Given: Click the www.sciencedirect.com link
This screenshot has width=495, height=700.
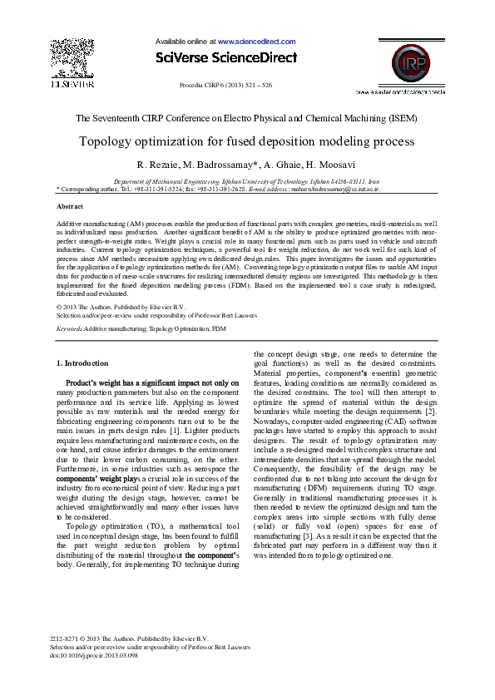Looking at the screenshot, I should tap(256, 41).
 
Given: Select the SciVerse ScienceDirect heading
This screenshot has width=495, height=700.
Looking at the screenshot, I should tap(225, 57).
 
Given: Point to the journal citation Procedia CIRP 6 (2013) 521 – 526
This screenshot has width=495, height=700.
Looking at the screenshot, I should tap(225, 86).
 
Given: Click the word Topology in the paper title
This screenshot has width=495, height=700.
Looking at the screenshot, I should tap(106, 141).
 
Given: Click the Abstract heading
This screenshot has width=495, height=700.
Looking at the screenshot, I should tap(69, 205).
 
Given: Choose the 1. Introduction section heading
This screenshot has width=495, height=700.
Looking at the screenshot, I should tap(82, 363).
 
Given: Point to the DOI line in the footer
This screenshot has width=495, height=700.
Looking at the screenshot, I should tap(94, 655).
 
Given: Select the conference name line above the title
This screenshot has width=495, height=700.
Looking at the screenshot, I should tap(246, 119).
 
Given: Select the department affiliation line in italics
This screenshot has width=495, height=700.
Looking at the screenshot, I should tap(246, 180).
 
